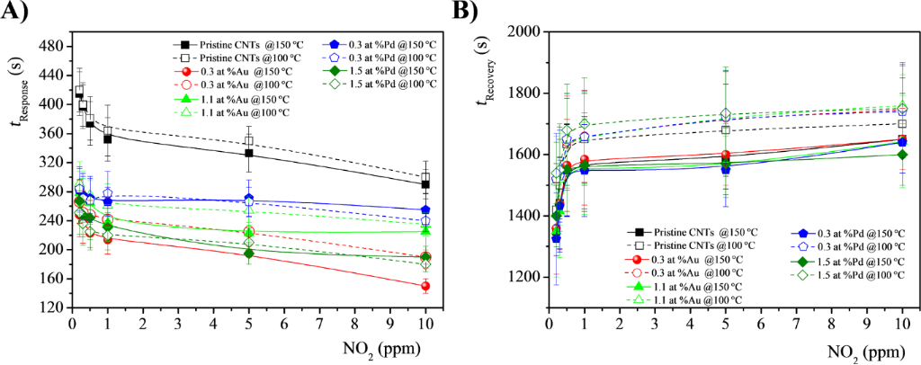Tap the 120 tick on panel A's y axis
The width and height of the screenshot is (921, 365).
pyautogui.click(x=50, y=307)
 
